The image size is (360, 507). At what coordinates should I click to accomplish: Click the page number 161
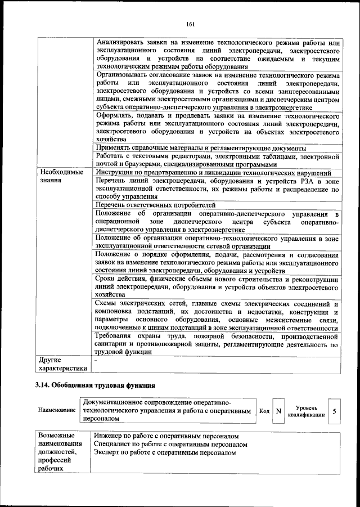190,23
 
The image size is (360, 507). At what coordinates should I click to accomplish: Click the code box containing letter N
278,411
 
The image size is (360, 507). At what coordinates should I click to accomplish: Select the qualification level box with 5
334,411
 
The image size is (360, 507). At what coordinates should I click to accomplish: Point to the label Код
264,411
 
